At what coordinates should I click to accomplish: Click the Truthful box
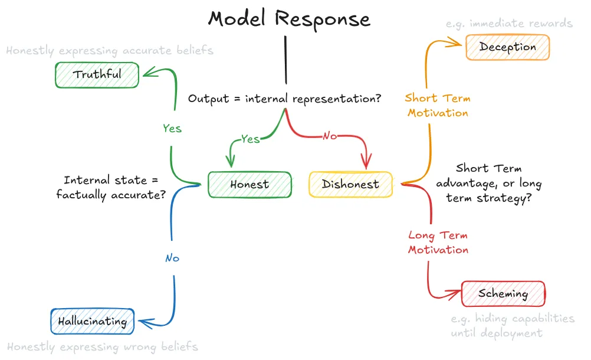97,75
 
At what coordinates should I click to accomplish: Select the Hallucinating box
92,322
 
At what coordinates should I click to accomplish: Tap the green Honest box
249,185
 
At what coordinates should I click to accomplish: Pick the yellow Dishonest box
350,185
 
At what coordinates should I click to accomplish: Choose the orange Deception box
507,47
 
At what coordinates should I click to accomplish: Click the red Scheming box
503,294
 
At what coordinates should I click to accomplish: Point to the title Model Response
289,19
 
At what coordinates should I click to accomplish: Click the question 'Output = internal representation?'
284,99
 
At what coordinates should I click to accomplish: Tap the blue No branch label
172,258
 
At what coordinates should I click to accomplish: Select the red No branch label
330,136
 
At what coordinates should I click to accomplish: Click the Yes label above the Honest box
250,139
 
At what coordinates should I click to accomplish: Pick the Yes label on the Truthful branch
172,128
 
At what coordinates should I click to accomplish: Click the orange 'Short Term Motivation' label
437,106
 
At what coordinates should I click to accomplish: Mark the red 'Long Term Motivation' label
438,243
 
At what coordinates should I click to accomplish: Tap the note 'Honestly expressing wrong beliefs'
103,347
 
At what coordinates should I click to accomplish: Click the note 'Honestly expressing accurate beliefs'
110,51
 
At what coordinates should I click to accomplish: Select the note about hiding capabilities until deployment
512,326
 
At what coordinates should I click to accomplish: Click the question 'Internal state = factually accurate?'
110,187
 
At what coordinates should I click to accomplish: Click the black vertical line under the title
286,59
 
